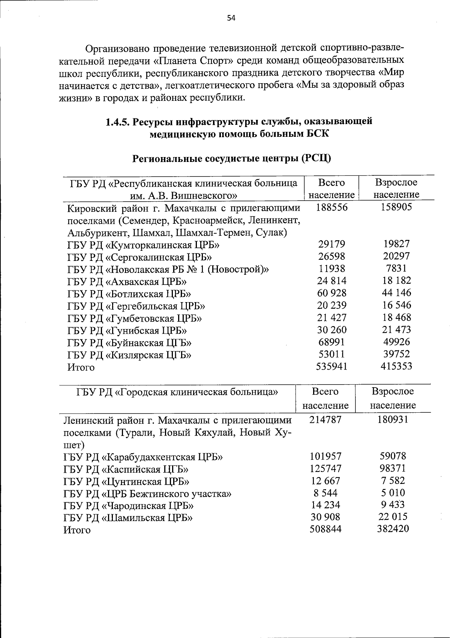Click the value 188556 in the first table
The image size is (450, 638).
331,207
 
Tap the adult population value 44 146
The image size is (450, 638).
397,293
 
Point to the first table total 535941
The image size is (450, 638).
331,367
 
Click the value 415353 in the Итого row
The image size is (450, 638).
397,366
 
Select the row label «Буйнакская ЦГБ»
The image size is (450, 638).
129,343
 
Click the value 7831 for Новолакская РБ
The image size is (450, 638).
397,268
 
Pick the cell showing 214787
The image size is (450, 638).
325,419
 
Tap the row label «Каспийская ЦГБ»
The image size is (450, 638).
126,469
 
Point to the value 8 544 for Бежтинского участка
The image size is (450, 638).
325,493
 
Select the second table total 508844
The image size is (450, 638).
325,529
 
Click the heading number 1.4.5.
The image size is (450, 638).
118,122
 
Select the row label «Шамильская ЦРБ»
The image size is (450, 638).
128,518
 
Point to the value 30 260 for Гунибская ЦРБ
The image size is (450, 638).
331,330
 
